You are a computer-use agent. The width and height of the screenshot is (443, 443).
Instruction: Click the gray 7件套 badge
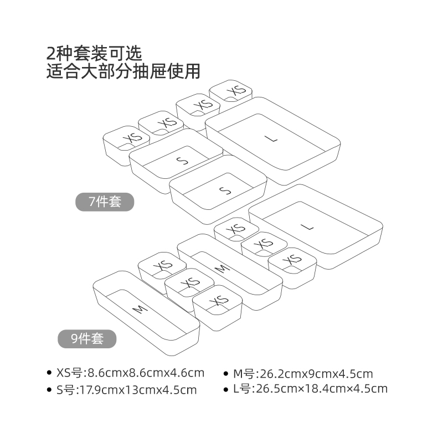[105, 202]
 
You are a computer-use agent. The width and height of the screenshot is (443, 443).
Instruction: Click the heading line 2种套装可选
[95, 53]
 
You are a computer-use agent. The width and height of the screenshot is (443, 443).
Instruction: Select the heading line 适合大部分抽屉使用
[123, 71]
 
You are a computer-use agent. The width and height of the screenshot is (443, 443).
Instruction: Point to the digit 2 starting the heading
[51, 53]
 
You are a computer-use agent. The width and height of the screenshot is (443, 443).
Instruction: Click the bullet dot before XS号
[50, 373]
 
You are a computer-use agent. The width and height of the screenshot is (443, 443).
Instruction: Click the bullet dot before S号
[50, 390]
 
